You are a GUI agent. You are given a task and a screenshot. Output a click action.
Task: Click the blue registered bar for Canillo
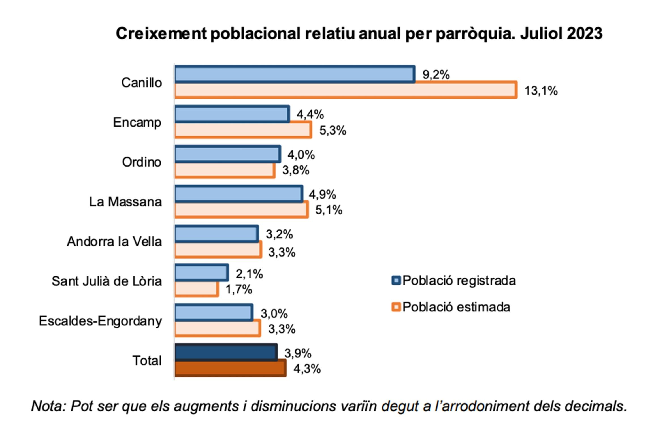[x=295, y=74]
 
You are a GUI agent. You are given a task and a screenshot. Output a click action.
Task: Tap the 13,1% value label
[x=541, y=91]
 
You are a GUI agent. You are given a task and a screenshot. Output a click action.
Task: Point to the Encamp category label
[x=137, y=123]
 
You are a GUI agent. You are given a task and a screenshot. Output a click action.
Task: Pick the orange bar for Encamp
[x=243, y=131]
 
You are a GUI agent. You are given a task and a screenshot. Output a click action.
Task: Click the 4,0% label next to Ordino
[x=301, y=155]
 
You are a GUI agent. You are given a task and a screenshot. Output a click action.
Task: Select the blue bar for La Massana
[x=238, y=194]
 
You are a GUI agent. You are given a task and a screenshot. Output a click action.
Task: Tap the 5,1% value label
[x=329, y=210]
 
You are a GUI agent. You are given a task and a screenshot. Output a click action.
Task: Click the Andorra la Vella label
[x=114, y=242]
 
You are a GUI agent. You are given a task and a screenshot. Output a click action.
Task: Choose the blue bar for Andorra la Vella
[x=216, y=234]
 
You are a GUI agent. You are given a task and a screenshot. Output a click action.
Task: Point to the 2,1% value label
[x=249, y=274]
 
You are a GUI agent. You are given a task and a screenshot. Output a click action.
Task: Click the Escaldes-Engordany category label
[x=101, y=321]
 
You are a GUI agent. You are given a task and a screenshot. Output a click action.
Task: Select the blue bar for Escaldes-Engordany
[x=214, y=313]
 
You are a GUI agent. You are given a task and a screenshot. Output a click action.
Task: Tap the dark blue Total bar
[x=226, y=353]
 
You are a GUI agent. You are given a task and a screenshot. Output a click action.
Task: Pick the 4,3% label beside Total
[x=307, y=369]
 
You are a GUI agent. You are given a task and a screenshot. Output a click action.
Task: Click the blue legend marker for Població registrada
[x=396, y=280]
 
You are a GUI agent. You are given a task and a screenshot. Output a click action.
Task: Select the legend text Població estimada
[x=456, y=307]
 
